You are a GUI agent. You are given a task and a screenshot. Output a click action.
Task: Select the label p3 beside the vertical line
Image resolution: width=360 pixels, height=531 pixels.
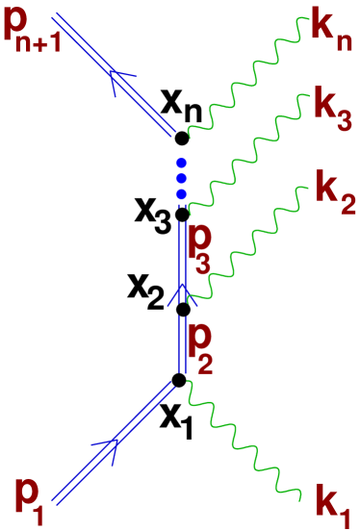[x=200, y=249]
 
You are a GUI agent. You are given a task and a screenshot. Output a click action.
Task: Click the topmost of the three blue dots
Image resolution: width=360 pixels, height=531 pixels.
[x=181, y=164]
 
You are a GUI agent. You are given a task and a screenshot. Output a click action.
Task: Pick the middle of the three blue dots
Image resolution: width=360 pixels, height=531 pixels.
[x=181, y=179]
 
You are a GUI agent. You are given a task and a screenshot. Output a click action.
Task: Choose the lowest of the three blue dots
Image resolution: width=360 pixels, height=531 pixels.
[x=181, y=193]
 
